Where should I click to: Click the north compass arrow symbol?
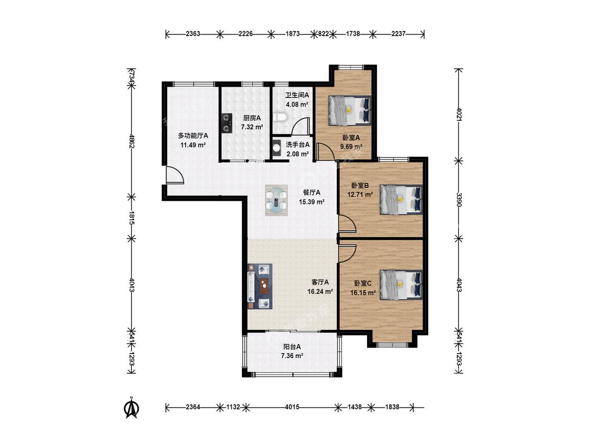pyautogui.click(x=132, y=407)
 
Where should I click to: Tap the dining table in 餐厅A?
pyautogui.click(x=276, y=200)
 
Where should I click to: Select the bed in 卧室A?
pyautogui.click(x=350, y=110)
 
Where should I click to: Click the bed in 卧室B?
pyautogui.click(x=401, y=199)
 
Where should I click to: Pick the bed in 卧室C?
pyautogui.click(x=401, y=284)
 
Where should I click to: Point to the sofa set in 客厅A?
pyautogui.click(x=260, y=286)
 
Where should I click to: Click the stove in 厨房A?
pyautogui.click(x=226, y=123)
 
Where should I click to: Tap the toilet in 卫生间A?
pyautogui.click(x=280, y=117)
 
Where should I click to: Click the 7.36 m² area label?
pyautogui.click(x=292, y=356)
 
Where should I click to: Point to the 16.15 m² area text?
pyautogui.click(x=363, y=292)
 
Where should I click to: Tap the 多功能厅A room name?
pyautogui.click(x=193, y=135)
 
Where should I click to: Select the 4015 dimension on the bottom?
pyautogui.click(x=292, y=407)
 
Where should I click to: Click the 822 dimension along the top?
pyautogui.click(x=324, y=34)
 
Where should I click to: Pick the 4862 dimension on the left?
pyautogui.click(x=132, y=141)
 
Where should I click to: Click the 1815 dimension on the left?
pyautogui.click(x=132, y=218)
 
